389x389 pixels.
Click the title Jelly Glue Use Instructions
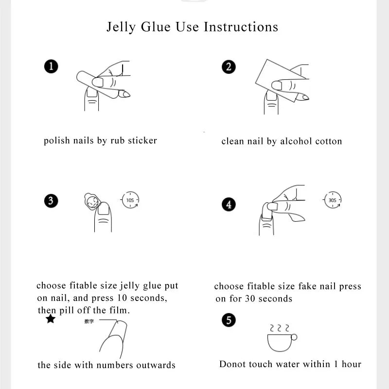click(193, 27)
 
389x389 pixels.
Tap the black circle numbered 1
click(51, 67)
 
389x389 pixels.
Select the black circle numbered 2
click(229, 67)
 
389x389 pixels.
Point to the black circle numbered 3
click(51, 200)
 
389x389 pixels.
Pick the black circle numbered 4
click(229, 204)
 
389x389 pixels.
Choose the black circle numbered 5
click(229, 320)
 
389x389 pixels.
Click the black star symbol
click(50, 319)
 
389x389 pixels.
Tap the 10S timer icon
click(130, 200)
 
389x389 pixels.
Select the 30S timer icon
click(332, 200)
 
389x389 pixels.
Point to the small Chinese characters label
click(89, 321)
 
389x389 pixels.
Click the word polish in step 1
click(57, 141)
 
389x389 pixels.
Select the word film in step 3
click(118, 310)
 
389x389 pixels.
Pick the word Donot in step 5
click(233, 364)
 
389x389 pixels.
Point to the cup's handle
click(294, 337)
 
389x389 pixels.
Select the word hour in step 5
click(351, 364)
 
